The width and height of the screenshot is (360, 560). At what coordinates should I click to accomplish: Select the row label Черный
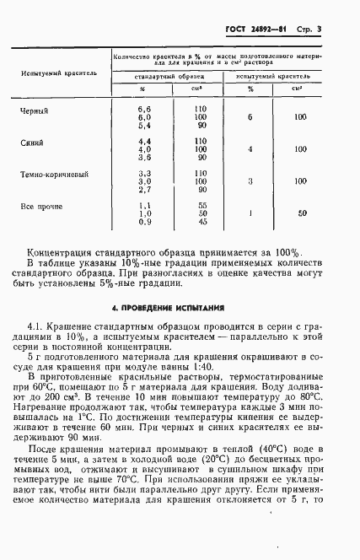[35, 110]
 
